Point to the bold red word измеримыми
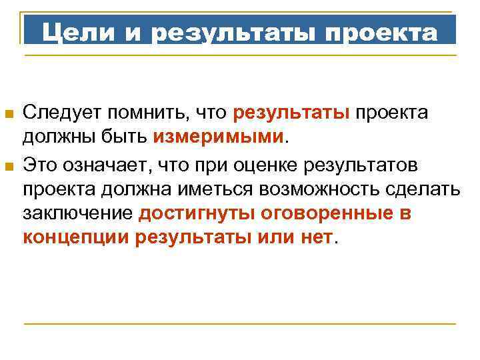[219, 138]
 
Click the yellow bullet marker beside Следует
[9, 115]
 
